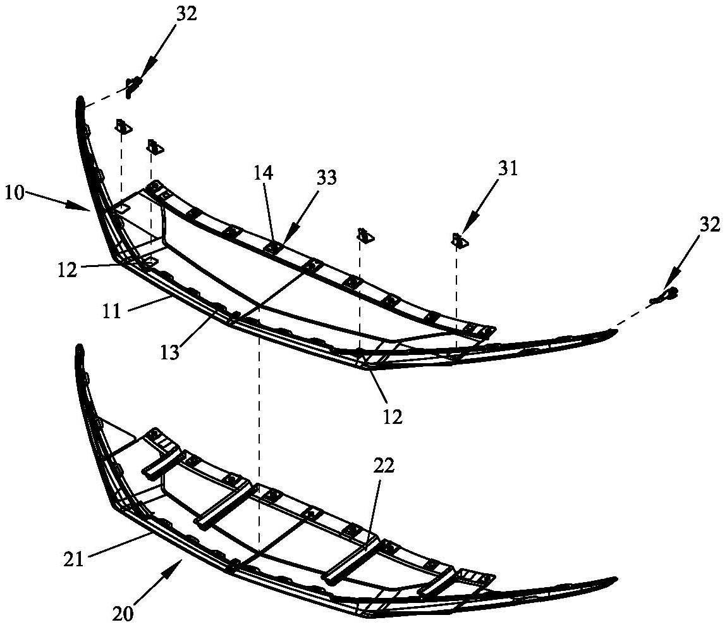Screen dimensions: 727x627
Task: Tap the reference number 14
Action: (264, 173)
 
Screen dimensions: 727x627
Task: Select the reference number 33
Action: (326, 178)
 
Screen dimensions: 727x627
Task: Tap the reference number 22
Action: (384, 466)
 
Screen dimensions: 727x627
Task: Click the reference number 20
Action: (123, 613)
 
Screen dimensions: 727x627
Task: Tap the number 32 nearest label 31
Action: (709, 225)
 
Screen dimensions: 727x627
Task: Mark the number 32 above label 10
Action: (186, 14)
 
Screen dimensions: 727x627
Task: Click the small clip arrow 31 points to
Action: (459, 240)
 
